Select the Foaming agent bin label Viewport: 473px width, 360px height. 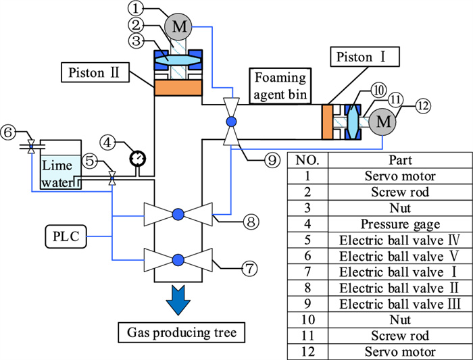point(280,85)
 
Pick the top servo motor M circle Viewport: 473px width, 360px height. point(179,27)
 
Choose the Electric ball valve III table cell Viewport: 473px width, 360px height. point(396,304)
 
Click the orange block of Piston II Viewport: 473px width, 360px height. point(179,88)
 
